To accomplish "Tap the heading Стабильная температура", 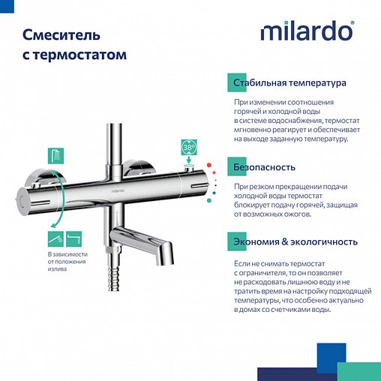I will [289, 82].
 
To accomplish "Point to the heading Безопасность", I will [264, 167].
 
